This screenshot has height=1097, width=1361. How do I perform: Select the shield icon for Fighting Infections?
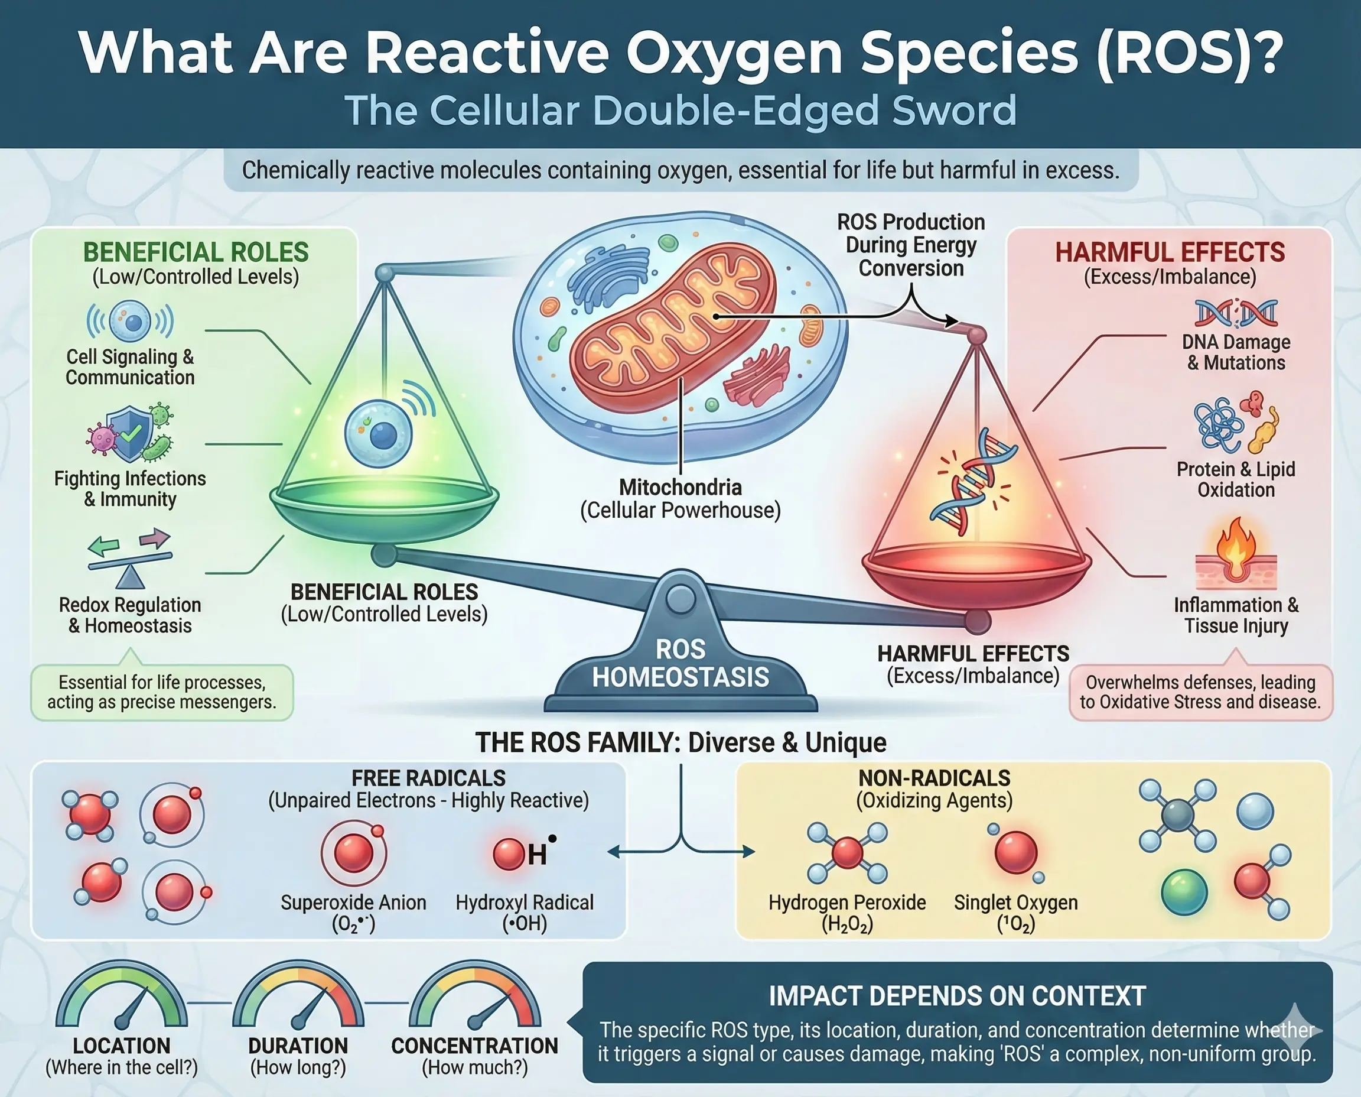(129, 433)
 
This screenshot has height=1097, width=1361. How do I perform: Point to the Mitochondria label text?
(680, 487)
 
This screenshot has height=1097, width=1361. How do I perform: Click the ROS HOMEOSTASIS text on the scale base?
(680, 664)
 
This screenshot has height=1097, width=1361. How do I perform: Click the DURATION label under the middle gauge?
(298, 1046)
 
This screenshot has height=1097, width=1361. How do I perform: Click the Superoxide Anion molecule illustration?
(354, 852)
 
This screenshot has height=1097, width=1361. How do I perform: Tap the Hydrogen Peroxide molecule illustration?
(847, 852)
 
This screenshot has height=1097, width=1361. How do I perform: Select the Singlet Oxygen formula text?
(1015, 924)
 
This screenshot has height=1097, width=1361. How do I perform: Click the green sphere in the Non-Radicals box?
(1184, 892)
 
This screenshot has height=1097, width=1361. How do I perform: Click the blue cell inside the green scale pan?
(379, 433)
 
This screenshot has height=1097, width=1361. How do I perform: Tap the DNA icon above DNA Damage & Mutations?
(1236, 313)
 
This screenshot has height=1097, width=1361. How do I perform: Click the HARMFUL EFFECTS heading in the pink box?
(1170, 252)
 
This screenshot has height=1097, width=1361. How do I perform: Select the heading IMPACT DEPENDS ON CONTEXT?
(957, 997)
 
